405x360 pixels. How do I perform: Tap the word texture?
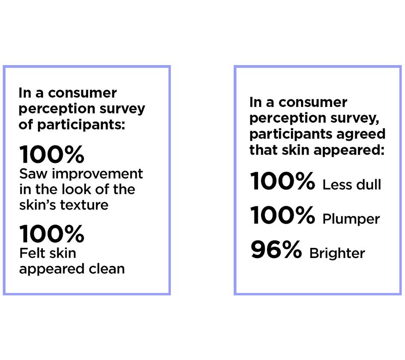(84, 205)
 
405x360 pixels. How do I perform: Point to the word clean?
(107, 269)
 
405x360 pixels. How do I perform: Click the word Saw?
(33, 174)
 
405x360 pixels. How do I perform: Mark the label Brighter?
(337, 253)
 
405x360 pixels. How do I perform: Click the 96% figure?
(276, 249)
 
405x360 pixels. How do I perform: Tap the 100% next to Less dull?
(283, 181)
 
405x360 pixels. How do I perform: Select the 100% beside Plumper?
(283, 215)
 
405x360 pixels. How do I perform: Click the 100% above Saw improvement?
(52, 154)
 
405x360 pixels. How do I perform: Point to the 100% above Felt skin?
(52, 234)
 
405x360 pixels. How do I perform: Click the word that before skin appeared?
(264, 150)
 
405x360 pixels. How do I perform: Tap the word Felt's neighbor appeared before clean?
(52, 270)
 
